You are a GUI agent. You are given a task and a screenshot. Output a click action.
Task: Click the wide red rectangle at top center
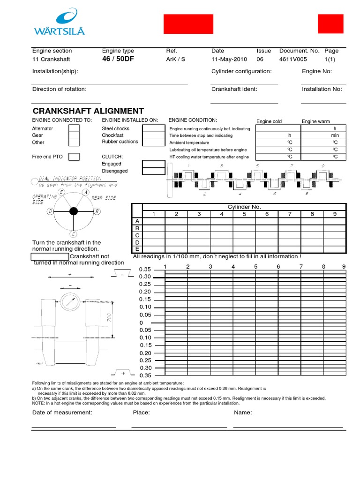pos(188,24)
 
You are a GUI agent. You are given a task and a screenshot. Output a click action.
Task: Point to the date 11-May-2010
pos(229,60)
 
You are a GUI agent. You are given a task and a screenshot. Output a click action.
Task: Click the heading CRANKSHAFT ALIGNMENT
pos(88,111)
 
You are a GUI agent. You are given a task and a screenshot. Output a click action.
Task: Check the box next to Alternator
pos(74,128)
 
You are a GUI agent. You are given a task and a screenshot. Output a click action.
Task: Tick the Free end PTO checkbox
pos(74,157)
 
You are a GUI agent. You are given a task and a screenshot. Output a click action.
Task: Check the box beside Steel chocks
pos(153,128)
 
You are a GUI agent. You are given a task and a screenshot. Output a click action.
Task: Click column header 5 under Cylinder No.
pos(244,214)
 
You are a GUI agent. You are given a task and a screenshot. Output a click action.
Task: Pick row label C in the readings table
pos(137,235)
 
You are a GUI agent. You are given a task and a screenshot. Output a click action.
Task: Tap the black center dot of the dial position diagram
pos(73,211)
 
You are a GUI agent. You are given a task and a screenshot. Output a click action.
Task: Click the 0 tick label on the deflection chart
pos(141,323)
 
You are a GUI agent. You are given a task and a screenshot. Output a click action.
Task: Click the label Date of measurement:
pos(62,412)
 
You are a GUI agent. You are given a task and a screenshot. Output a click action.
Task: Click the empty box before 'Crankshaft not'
pos(50,256)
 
